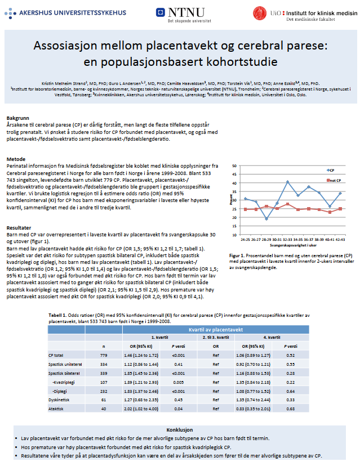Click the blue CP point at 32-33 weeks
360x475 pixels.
(x=288, y=182)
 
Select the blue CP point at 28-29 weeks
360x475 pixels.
(x=266, y=218)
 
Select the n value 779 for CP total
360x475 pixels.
(x=104, y=355)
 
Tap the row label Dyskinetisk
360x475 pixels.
(x=58, y=398)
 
